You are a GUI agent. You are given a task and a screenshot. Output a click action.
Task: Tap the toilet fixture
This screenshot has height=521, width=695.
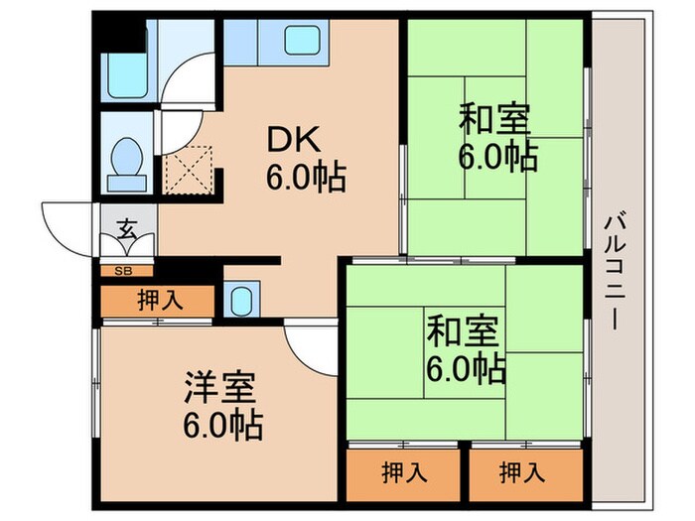(126, 159)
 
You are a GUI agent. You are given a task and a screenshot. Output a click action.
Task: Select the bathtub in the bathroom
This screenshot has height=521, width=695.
(128, 70)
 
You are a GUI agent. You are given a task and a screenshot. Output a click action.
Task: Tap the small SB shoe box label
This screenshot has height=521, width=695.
(126, 270)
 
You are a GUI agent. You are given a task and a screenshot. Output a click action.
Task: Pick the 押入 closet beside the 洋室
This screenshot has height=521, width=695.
(159, 301)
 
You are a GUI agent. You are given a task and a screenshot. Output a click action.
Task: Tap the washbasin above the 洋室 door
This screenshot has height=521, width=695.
(241, 301)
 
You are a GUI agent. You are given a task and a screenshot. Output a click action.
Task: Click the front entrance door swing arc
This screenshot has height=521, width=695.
(69, 223)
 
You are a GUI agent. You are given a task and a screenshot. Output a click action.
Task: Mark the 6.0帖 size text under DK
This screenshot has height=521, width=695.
(304, 179)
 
